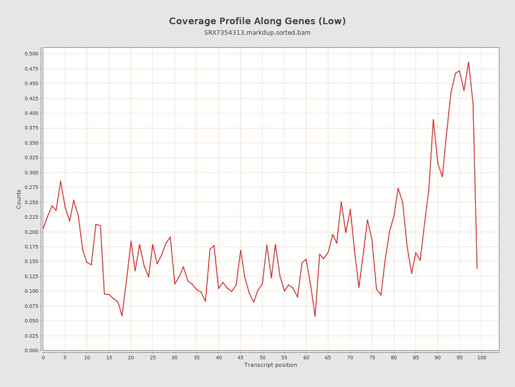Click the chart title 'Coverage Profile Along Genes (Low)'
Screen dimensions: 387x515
tap(257, 21)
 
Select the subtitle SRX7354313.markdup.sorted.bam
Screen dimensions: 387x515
tap(257, 33)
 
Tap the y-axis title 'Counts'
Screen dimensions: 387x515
tap(19, 199)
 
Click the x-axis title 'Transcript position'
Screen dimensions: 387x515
tap(271, 365)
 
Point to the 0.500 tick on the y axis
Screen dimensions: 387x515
tap(31, 54)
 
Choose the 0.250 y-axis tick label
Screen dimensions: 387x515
tap(31, 202)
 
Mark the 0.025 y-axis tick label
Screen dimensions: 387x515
tap(31, 336)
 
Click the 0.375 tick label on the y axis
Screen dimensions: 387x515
tap(31, 128)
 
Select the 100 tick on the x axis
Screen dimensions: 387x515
tap(482, 358)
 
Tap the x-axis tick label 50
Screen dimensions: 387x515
tap(263, 358)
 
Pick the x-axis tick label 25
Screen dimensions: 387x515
tap(153, 358)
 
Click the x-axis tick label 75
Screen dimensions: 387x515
tap(372, 358)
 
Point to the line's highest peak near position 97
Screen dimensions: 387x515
tap(468, 62)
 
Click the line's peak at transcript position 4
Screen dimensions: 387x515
tap(60, 181)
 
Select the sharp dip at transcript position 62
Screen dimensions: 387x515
tap(315, 316)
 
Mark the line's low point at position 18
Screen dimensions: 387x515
tap(122, 316)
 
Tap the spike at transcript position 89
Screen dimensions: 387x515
tap(433, 119)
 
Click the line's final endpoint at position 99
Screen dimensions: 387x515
tap(477, 268)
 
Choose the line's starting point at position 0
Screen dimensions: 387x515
tap(43, 229)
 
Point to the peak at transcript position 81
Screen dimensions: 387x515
tap(398, 188)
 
